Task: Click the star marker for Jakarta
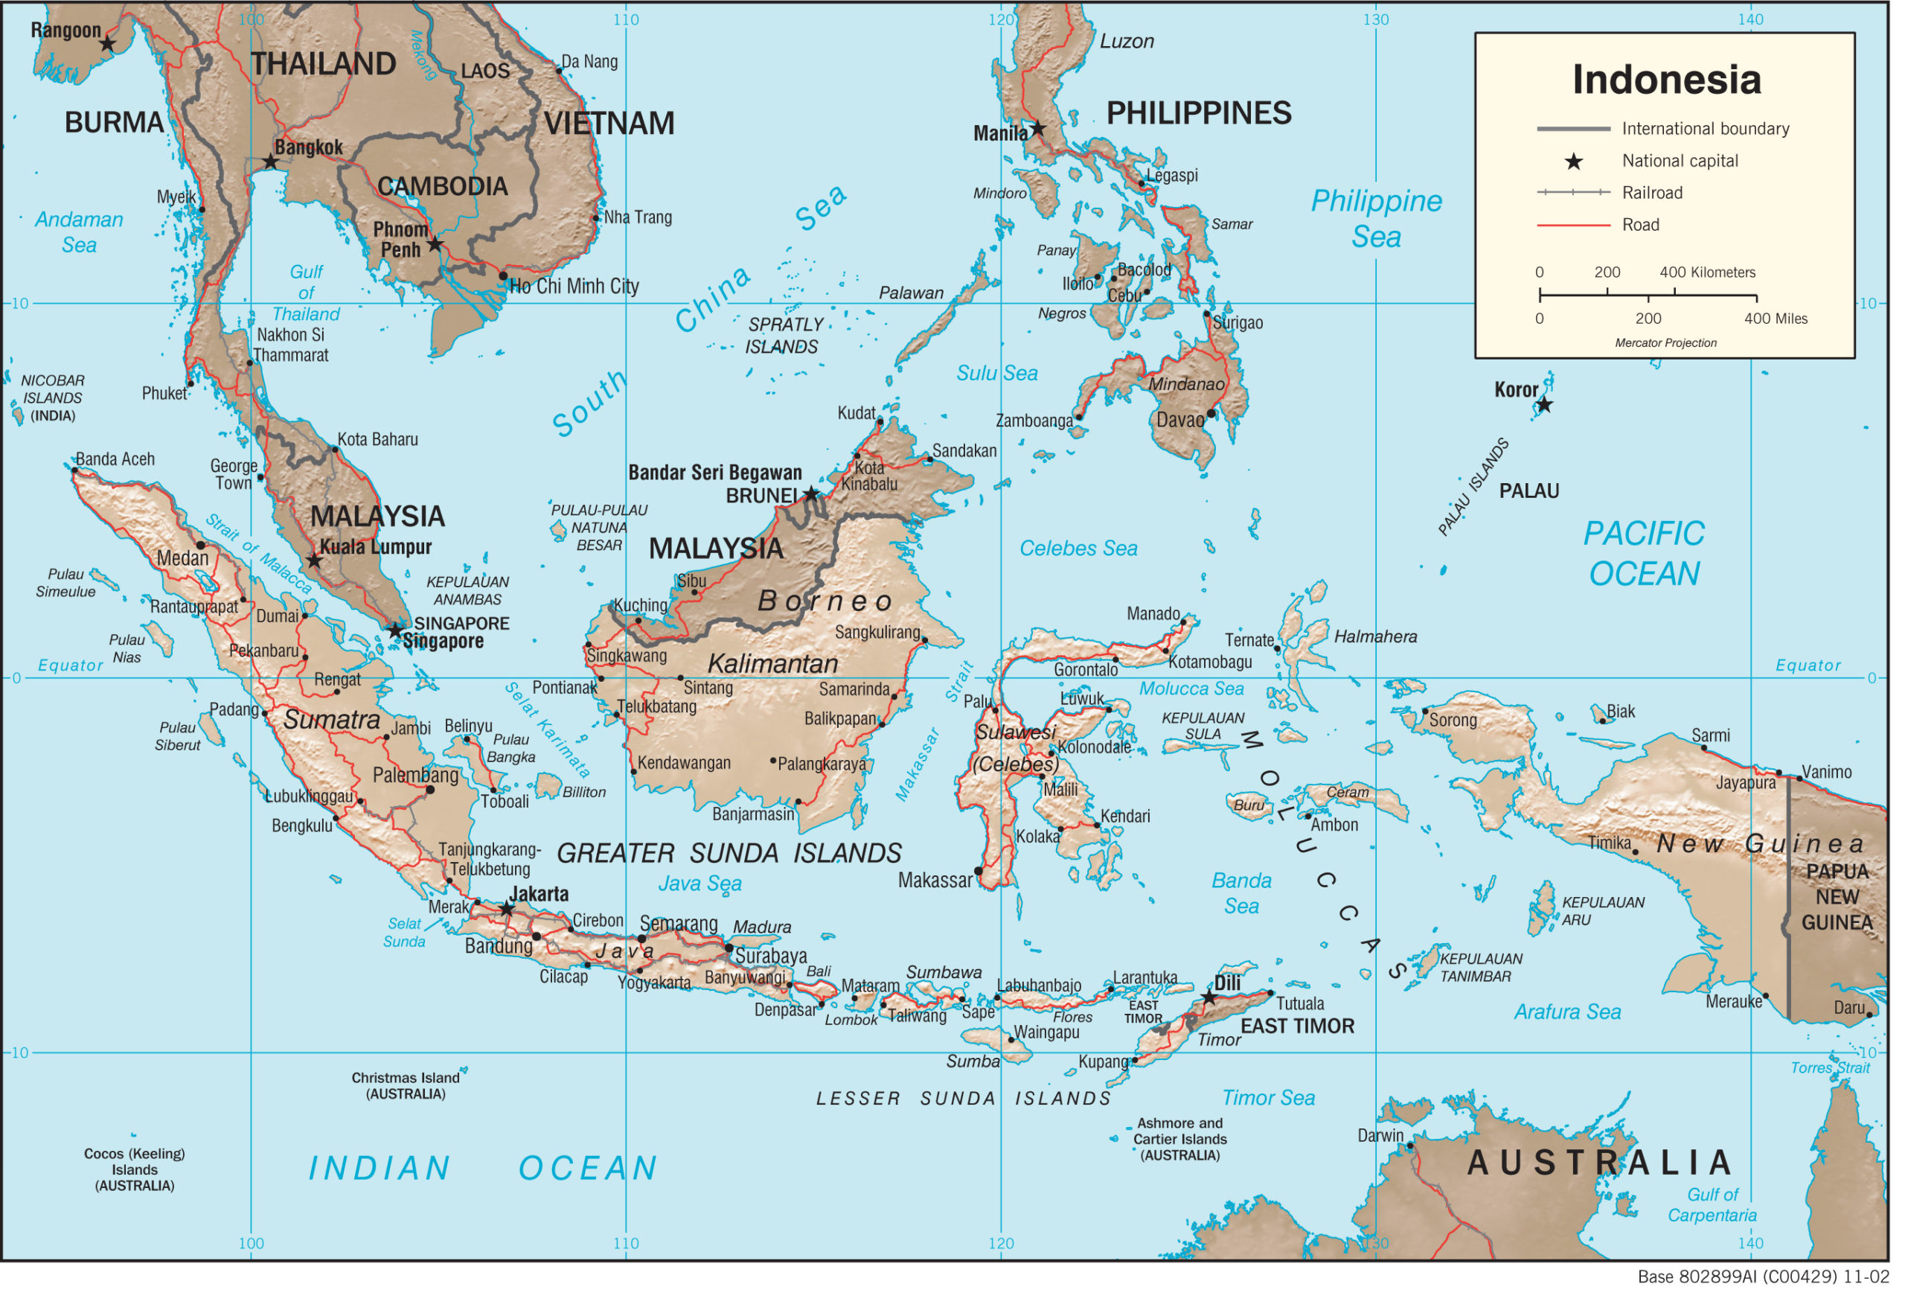507,909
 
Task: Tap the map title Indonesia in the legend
1665,80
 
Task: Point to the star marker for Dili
1208,997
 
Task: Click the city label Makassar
935,881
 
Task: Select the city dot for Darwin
1411,1146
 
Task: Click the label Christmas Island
405,1078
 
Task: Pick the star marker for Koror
1544,404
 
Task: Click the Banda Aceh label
115,459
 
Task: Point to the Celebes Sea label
1078,548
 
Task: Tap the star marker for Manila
1038,129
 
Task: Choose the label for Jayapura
1745,782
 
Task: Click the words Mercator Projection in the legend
1665,343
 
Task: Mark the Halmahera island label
1374,636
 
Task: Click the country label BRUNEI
761,495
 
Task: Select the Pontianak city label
564,687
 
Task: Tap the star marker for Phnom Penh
435,244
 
